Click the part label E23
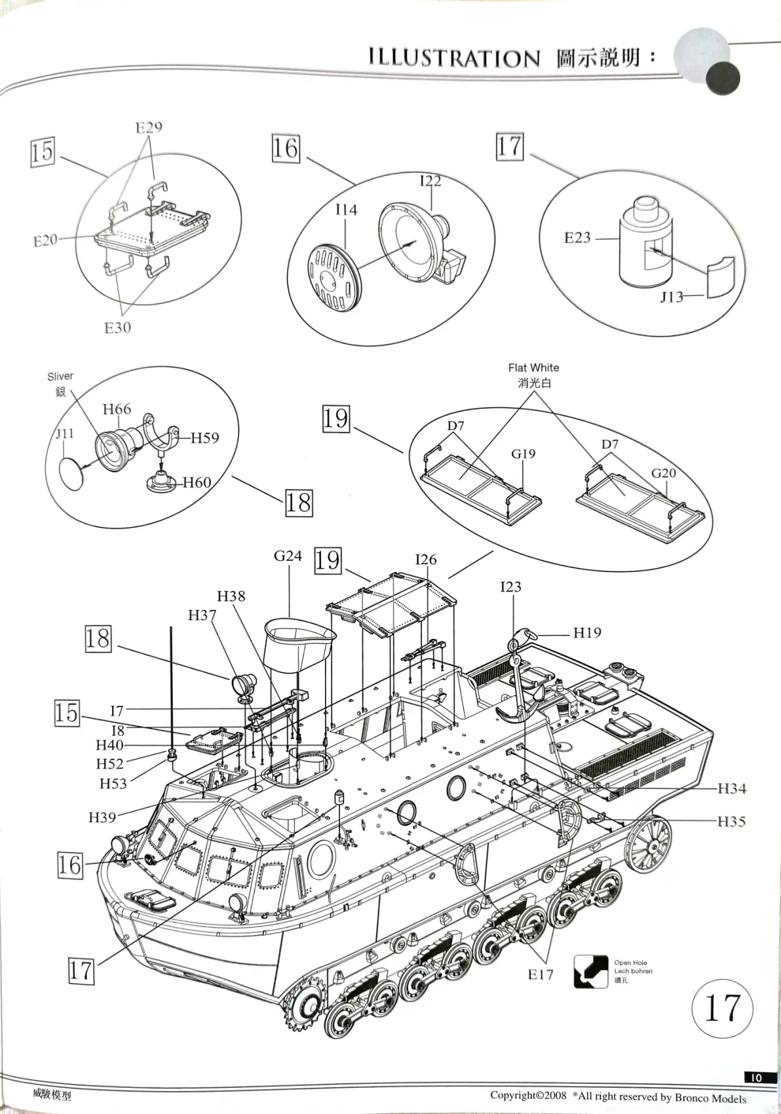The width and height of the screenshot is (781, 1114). click(577, 238)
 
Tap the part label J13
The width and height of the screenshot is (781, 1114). click(672, 298)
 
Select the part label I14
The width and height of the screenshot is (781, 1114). click(346, 210)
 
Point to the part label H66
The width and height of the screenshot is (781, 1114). click(117, 410)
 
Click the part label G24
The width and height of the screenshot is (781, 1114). click(288, 556)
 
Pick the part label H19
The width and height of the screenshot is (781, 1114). click(587, 633)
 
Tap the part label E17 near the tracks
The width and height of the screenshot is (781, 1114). click(541, 974)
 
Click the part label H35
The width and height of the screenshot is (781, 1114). click(731, 822)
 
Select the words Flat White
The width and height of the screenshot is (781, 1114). click(533, 368)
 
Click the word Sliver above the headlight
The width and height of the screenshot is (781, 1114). click(60, 376)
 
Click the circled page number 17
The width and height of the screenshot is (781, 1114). click(722, 1008)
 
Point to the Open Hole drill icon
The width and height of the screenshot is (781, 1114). click(590, 971)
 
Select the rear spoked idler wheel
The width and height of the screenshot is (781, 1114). click(648, 843)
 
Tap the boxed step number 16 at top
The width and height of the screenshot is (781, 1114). click(286, 148)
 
